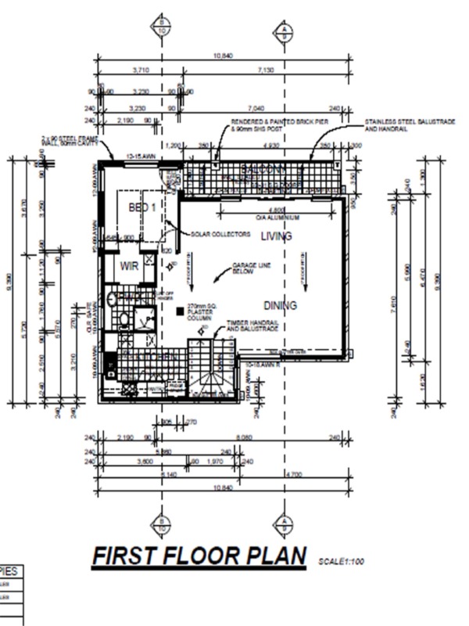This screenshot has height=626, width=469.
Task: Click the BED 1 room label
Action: pyautogui.click(x=142, y=207)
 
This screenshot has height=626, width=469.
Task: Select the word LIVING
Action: pyautogui.click(x=276, y=236)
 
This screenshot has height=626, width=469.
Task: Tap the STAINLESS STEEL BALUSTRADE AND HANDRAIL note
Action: pyautogui.click(x=396, y=126)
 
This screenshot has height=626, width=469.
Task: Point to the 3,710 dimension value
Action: pyautogui.click(x=141, y=70)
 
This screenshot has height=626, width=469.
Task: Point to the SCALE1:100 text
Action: pyautogui.click(x=342, y=561)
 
